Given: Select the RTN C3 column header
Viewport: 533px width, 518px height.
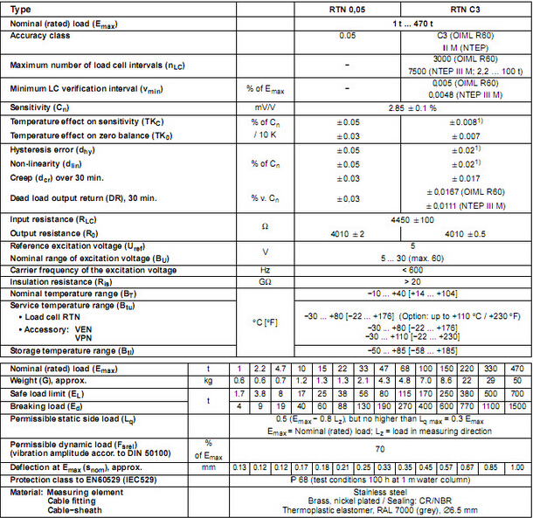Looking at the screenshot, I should (x=464, y=8).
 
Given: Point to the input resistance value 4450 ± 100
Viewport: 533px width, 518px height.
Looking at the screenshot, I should (x=405, y=219).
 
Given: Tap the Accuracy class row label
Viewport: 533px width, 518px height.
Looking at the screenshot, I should (x=40, y=35).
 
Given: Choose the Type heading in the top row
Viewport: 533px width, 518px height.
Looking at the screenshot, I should (x=21, y=8).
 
